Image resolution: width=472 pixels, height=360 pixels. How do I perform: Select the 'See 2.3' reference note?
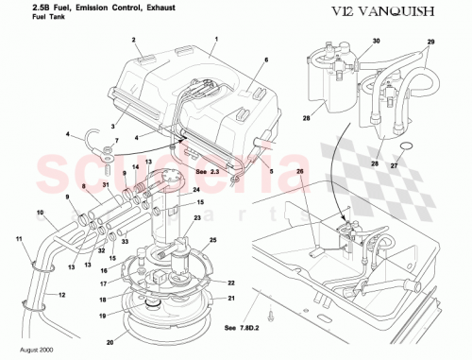[x=208, y=172]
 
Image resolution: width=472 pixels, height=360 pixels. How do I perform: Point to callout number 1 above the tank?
[x=216, y=40]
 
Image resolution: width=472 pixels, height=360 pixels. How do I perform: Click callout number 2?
[x=134, y=41]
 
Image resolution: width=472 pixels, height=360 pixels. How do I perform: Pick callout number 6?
[x=265, y=60]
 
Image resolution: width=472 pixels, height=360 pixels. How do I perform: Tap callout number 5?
[x=270, y=172]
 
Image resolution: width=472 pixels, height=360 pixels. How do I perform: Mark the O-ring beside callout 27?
[x=407, y=146]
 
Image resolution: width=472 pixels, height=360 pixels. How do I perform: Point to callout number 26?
[x=300, y=171]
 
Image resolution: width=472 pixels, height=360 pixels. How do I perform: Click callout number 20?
[x=108, y=342]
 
